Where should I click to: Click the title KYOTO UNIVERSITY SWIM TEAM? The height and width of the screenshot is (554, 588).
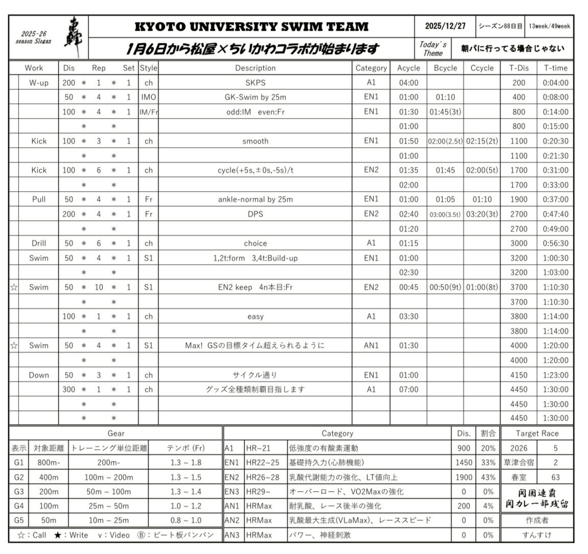[251, 27]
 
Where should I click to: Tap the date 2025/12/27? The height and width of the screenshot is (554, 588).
[445, 26]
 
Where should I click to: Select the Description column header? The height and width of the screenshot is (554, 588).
[255, 68]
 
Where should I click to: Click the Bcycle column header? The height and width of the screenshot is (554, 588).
[445, 68]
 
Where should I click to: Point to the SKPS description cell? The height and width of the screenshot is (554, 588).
[255, 82]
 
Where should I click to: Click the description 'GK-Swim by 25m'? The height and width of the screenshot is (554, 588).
[255, 97]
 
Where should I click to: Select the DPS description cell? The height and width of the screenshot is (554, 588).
[255, 214]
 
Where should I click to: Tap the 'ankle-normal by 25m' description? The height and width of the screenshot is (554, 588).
[255, 199]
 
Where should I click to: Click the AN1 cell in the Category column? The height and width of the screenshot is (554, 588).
[371, 345]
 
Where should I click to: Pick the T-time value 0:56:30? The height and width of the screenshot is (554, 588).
[555, 243]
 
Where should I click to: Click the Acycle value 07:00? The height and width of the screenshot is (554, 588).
[409, 389]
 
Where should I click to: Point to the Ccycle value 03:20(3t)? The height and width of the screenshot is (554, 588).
[482, 214]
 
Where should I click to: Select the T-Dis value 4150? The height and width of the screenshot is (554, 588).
[518, 375]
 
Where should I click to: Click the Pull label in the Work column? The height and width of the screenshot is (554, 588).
[39, 199]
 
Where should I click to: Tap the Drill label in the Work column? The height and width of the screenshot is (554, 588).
[39, 243]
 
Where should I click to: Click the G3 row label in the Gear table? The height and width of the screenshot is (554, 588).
[19, 492]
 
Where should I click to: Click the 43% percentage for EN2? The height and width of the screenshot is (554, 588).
[488, 477]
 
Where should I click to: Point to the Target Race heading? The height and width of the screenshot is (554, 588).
[537, 433]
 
